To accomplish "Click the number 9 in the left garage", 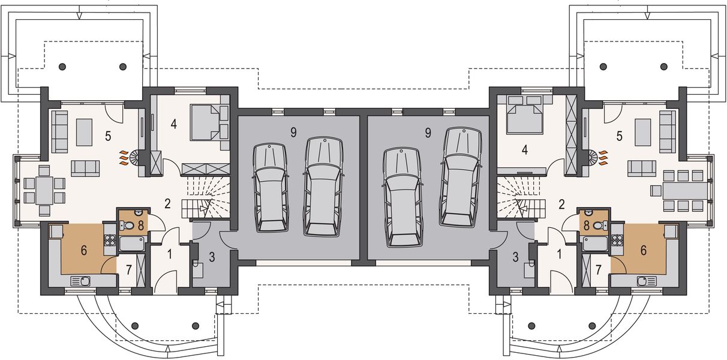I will click(x=293, y=133).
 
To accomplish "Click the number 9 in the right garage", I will click(x=427, y=133).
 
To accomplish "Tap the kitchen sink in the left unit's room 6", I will click(x=80, y=280).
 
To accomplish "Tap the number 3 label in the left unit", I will click(x=211, y=259).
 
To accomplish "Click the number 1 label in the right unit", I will click(x=560, y=254).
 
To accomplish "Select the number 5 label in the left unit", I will click(x=108, y=136).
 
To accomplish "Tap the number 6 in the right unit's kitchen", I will click(x=644, y=250).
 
